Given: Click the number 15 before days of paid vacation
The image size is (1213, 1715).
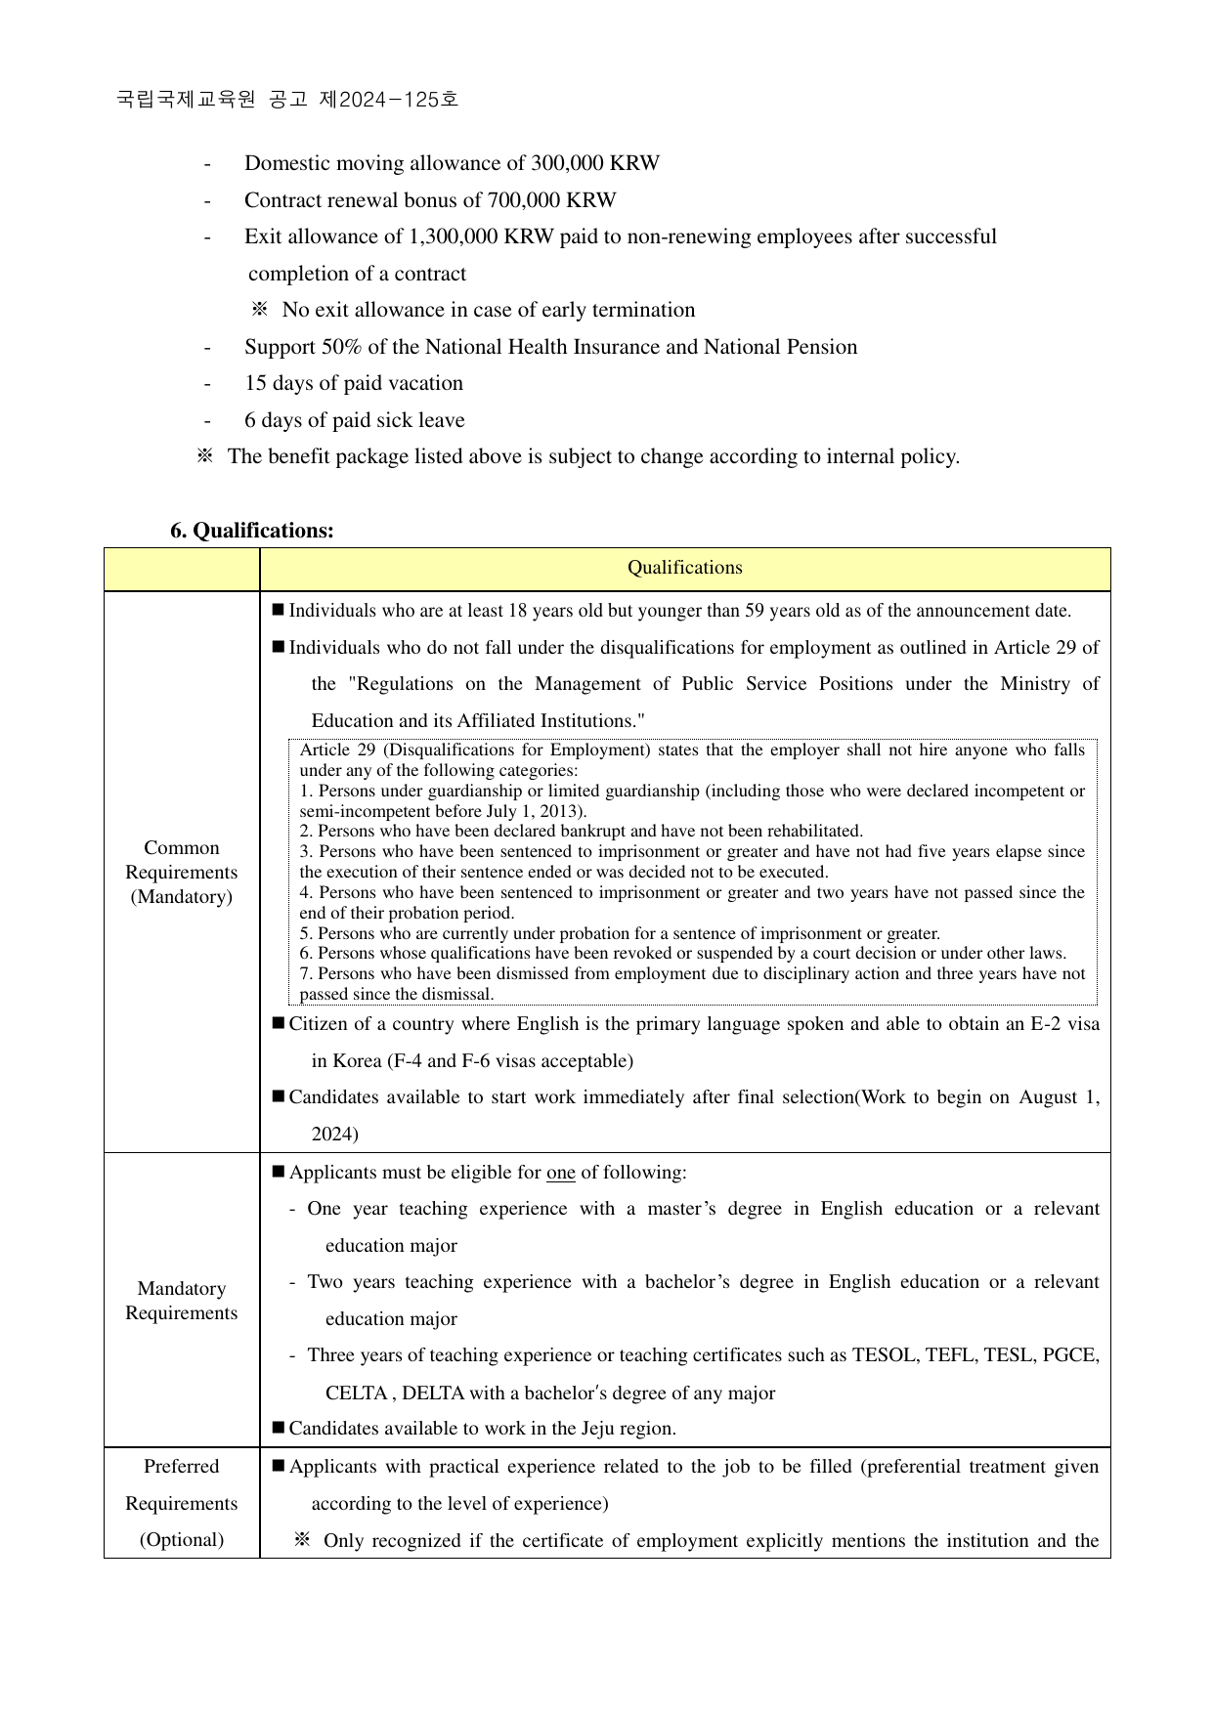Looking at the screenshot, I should (x=255, y=383).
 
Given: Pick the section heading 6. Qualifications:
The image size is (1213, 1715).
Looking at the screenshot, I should (x=251, y=531).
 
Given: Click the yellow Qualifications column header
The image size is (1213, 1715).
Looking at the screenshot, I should (x=684, y=568).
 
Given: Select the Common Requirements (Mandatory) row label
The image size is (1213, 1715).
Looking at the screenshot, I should (x=182, y=872).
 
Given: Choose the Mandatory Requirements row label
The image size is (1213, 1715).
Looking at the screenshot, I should (x=182, y=1301).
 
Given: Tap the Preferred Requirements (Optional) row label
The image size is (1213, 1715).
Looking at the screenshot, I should (x=182, y=1503).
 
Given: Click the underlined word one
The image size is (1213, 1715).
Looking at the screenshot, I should (x=560, y=1173).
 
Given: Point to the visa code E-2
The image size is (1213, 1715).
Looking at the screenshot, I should (x=1020, y=1024).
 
